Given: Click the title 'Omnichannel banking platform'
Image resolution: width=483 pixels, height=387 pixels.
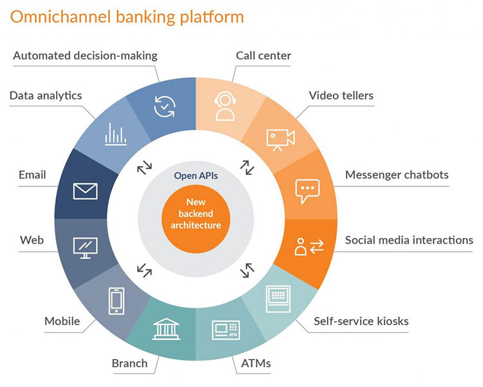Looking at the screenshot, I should (127, 16).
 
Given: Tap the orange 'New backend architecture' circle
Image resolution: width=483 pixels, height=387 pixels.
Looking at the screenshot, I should (194, 213).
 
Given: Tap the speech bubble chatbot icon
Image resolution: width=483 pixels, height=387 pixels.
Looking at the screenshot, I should (307, 190).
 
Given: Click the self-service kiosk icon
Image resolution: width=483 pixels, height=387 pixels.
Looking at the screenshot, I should (278, 299).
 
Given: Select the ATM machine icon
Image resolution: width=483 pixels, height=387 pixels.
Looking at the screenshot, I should (226, 330).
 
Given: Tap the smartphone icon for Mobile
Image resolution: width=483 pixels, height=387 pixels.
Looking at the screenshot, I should (116, 300).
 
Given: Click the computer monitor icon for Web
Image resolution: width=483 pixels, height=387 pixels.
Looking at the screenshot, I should (85, 248).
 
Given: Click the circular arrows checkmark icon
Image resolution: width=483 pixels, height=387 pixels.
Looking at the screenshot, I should (165, 106).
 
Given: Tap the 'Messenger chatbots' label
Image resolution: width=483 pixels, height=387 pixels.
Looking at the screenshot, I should (397, 175).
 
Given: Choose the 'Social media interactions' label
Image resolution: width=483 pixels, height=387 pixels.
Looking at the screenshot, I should (409, 240).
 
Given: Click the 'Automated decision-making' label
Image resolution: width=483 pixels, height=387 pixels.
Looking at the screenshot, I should (85, 55).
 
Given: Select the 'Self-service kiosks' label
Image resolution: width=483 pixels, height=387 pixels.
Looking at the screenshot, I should (361, 321).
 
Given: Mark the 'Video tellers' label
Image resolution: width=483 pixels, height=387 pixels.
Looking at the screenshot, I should (341, 95).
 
